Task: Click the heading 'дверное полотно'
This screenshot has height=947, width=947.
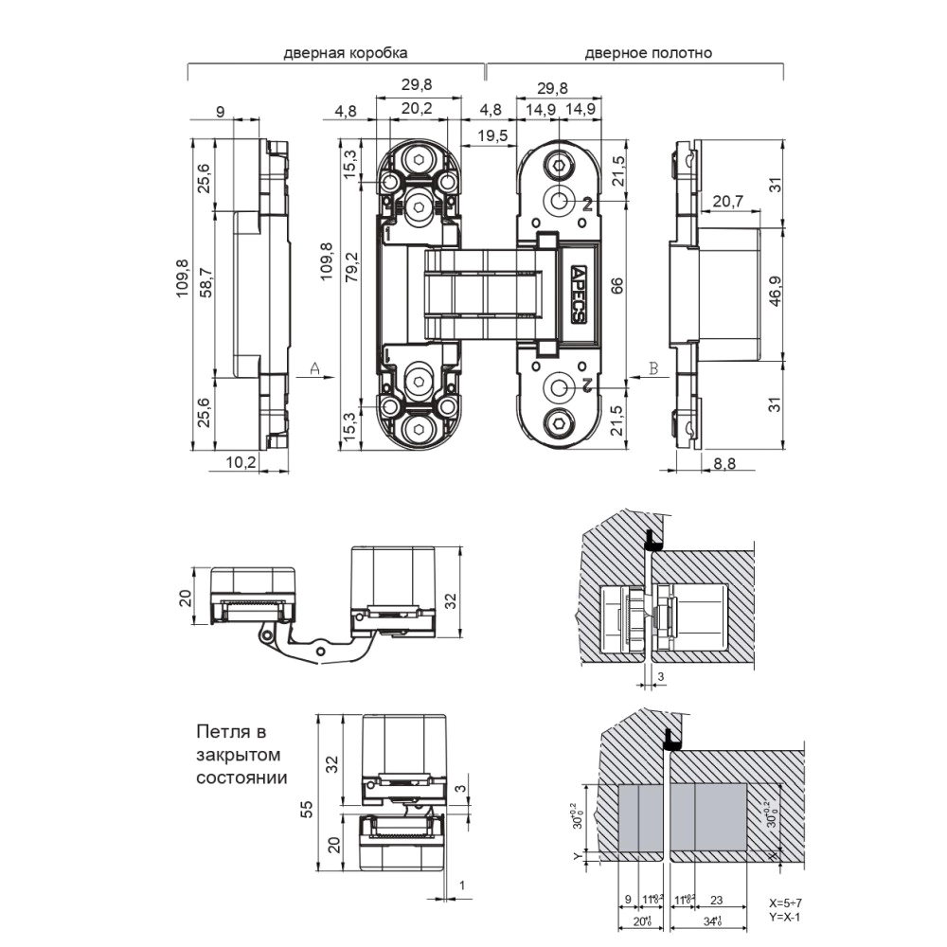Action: [x=649, y=54]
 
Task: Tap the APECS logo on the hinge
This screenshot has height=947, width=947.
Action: [x=579, y=293]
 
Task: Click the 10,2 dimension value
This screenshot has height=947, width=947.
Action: [x=242, y=462]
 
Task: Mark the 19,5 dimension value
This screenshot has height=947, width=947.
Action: [x=491, y=135]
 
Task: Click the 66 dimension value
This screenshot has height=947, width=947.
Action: [x=616, y=287]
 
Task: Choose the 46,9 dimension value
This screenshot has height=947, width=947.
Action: [x=776, y=294]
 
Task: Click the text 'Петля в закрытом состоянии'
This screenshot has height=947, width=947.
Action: [x=241, y=754]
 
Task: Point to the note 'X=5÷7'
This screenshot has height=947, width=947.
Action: [x=785, y=903]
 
